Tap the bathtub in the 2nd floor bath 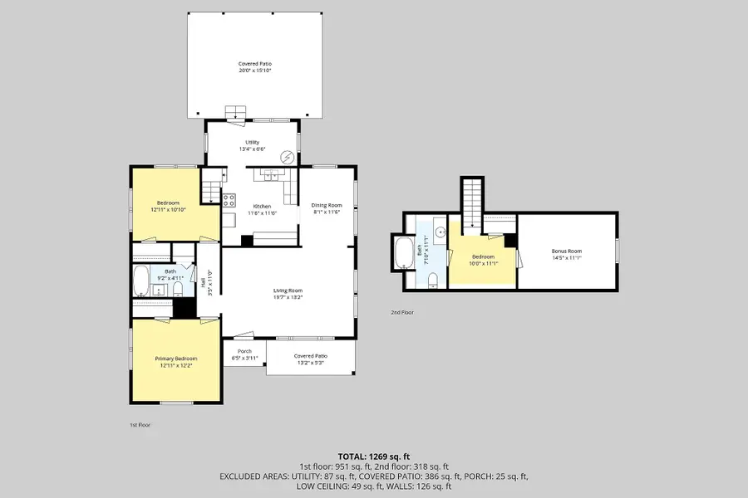[406, 253]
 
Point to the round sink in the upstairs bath [440, 230]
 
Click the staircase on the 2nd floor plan [471, 203]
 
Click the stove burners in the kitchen [229, 198]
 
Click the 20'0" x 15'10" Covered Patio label [255, 67]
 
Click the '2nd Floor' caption [402, 313]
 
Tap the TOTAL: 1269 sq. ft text [373, 456]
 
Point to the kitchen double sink [270, 174]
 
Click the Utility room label [253, 145]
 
